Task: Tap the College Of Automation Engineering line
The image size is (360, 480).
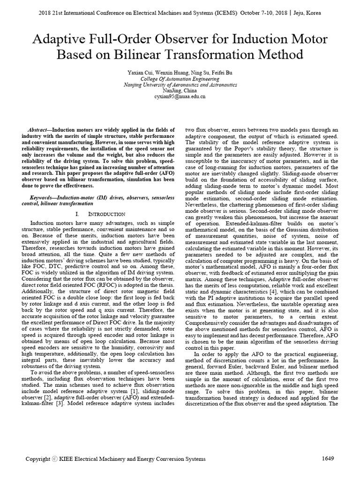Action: (180, 79)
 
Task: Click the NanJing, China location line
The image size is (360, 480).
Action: (180, 91)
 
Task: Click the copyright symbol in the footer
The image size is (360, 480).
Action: (55, 459)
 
